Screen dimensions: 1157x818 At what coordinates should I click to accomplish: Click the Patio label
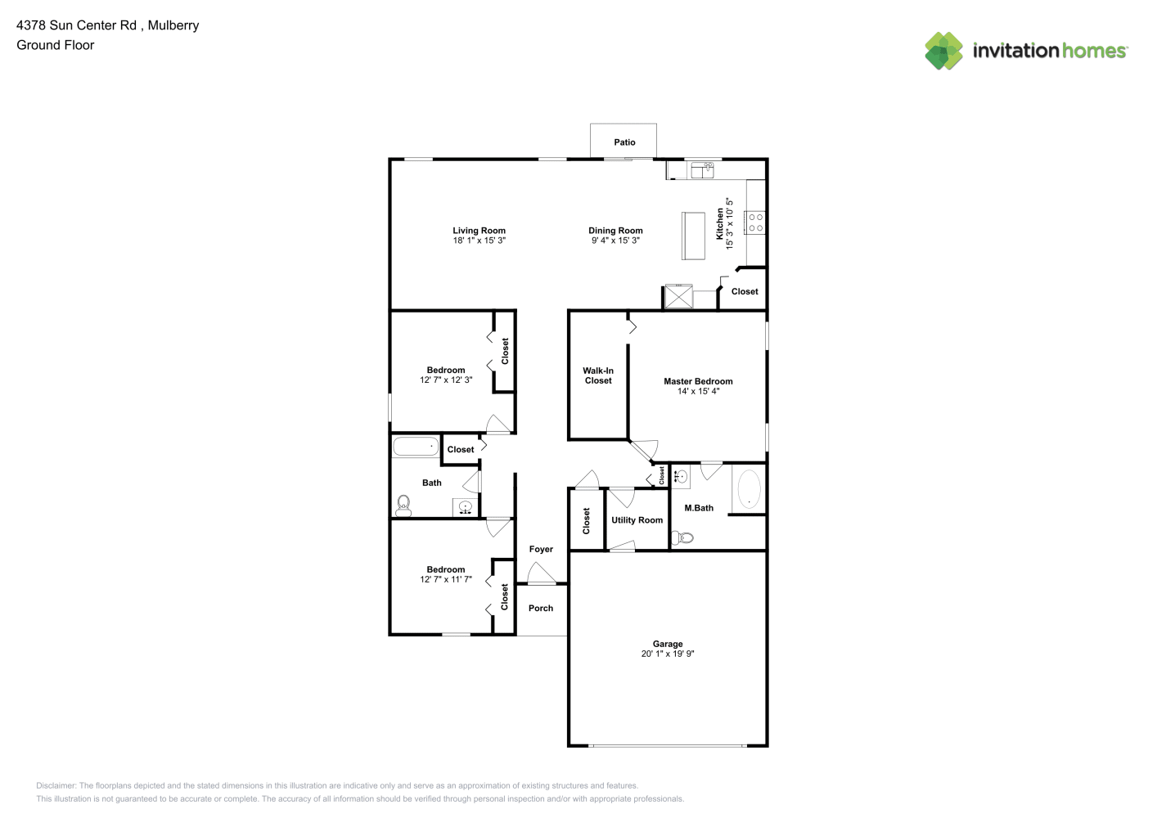click(x=624, y=142)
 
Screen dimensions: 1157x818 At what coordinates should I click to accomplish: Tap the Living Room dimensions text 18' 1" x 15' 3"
click(x=479, y=240)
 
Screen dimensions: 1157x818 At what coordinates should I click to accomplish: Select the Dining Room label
click(x=615, y=231)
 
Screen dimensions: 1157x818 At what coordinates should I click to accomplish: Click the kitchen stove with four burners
click(x=755, y=222)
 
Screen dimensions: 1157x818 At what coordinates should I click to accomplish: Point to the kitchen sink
click(x=702, y=170)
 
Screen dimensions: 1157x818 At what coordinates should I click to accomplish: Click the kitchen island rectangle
click(x=693, y=236)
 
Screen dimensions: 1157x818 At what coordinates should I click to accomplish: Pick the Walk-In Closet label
click(x=598, y=375)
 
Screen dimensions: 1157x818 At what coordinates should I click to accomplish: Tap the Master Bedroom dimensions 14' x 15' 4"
click(x=698, y=391)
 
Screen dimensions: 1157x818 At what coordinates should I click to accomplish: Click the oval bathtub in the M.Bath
click(x=749, y=488)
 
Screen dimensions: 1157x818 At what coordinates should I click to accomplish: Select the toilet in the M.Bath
click(x=682, y=537)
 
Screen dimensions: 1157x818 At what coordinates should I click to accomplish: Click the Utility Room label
click(x=637, y=520)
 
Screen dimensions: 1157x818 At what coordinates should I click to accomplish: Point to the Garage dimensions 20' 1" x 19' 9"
click(x=668, y=654)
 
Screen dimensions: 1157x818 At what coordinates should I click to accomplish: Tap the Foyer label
click(x=541, y=549)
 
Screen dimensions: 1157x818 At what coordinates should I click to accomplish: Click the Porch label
click(x=541, y=608)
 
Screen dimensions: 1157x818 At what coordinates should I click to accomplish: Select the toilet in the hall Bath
click(x=403, y=506)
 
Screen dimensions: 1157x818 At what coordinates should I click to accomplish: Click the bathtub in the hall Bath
click(x=416, y=447)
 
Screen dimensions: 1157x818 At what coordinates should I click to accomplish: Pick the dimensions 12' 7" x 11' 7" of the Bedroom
click(x=446, y=579)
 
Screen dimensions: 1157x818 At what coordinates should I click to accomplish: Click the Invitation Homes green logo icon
click(x=943, y=51)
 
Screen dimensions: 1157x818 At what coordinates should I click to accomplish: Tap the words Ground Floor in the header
click(x=56, y=45)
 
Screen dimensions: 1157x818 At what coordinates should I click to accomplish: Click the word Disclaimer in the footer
click(x=56, y=785)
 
